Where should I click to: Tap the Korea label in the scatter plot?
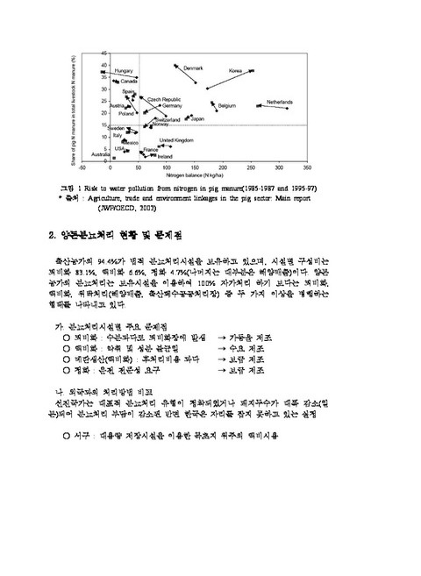click(236, 70)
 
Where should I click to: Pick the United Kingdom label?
click(176, 140)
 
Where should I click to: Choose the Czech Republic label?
click(165, 99)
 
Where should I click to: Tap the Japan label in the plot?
click(197, 118)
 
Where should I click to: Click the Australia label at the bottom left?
click(91, 155)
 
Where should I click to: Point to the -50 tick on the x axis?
click(82, 167)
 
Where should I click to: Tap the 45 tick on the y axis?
click(104, 53)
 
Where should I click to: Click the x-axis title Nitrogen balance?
click(194, 174)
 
